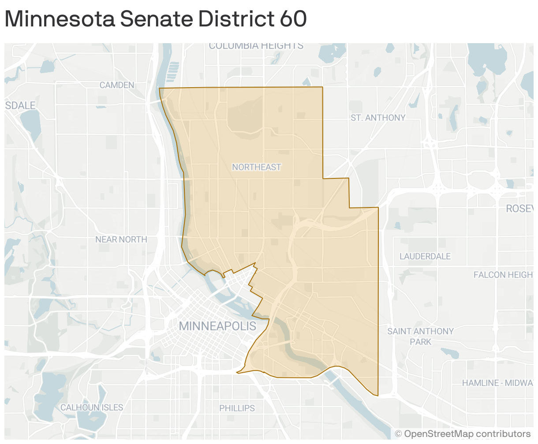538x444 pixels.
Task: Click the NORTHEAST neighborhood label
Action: pos(256,167)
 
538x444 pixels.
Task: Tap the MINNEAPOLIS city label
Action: pos(217,326)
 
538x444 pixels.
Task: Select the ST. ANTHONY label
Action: pos(378,118)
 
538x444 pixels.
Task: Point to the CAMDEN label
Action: pos(117,85)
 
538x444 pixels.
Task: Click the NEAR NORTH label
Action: pos(121,239)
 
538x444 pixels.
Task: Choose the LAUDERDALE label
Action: pos(425,256)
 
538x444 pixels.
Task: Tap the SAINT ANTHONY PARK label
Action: pos(420,336)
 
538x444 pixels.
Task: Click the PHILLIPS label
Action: pos(237,408)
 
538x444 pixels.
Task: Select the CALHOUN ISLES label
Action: pos(92,407)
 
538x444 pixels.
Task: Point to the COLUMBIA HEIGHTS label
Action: pos(256,46)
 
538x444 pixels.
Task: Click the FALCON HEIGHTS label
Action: pos(504,275)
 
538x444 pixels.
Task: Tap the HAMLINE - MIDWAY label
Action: pos(499,383)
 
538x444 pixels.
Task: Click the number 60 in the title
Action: pos(293,19)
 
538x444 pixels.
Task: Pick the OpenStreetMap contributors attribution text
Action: pos(463,434)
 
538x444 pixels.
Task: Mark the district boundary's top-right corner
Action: pos(323,87)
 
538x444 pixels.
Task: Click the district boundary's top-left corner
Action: pos(159,89)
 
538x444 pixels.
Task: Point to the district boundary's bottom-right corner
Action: pos(378,395)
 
